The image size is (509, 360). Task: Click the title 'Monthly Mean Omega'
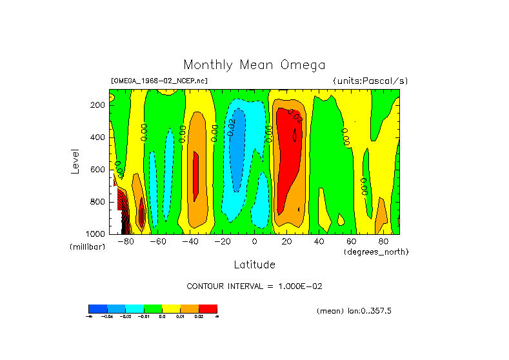coord(254,65)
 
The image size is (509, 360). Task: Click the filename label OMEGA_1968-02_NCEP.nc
coord(159,81)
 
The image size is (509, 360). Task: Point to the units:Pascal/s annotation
coord(370,81)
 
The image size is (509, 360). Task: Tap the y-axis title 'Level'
coord(74,161)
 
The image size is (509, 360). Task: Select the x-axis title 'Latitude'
coord(254,265)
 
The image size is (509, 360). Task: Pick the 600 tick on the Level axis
coord(98,170)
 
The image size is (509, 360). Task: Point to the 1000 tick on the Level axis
coord(96,234)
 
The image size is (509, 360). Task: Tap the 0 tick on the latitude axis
coord(254,242)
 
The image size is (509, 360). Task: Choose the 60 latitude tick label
coord(351,242)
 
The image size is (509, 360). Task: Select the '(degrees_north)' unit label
coord(377,251)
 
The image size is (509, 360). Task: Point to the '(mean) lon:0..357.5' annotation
coord(354,311)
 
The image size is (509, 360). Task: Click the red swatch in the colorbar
coord(208,308)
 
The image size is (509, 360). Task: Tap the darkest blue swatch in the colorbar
coord(97,308)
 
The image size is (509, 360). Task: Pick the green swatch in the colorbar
coord(153,308)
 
